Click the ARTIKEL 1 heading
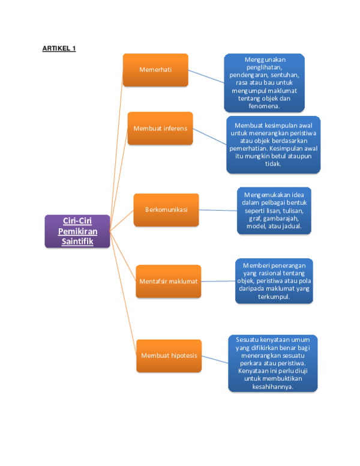tap(59, 49)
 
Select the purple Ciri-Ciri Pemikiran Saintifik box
tap(77, 231)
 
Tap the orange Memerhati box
tap(155, 70)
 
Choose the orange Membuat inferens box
tap(160, 128)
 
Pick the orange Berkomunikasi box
tap(166, 210)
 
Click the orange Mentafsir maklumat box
tap(169, 281)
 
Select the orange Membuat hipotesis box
tap(169, 356)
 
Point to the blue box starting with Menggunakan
tap(265, 83)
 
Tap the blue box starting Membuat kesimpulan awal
tap(273, 144)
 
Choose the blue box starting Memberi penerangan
tap(274, 280)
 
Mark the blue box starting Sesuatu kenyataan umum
tap(273, 363)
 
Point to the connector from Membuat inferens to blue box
tap(210, 136)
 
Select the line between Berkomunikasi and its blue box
tap(218, 210)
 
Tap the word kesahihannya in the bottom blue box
tap(273, 387)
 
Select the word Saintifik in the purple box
tap(77, 241)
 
